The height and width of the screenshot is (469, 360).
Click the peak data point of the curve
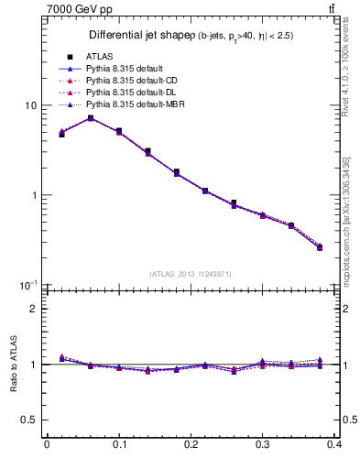(91, 118)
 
